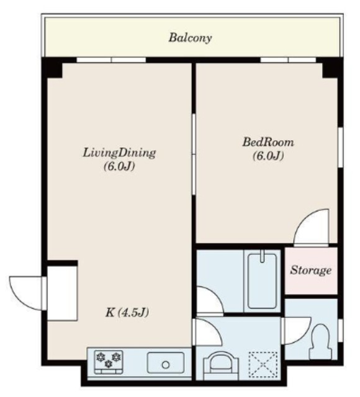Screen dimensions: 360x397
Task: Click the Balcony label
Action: pyautogui.click(x=191, y=38)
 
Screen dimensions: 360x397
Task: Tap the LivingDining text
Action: pyautogui.click(x=119, y=153)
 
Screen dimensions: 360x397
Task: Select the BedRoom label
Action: pyautogui.click(x=269, y=142)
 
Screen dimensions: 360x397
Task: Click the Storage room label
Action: pyautogui.click(x=311, y=270)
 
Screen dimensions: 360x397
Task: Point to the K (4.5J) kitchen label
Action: pyautogui.click(x=127, y=313)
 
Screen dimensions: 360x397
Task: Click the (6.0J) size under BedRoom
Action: pyautogui.click(x=268, y=156)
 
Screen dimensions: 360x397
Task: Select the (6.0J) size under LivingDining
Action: pyautogui.click(x=119, y=167)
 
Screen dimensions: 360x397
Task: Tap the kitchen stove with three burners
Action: pyautogui.click(x=109, y=362)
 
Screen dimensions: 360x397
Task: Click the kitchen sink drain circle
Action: pyautogui.click(x=166, y=365)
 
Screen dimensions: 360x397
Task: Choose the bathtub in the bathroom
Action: pyautogui.click(x=262, y=281)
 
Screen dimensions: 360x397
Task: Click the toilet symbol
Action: pyautogui.click(x=321, y=342)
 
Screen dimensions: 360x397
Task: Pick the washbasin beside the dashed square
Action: pyautogui.click(x=221, y=367)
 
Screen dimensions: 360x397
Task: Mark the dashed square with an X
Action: pyautogui.click(x=263, y=364)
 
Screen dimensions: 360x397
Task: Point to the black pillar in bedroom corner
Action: pyautogui.click(x=332, y=68)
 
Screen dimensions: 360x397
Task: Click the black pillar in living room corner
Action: pyautogui.click(x=52, y=68)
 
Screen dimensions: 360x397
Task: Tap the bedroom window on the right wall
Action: pyautogui.click(x=341, y=147)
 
